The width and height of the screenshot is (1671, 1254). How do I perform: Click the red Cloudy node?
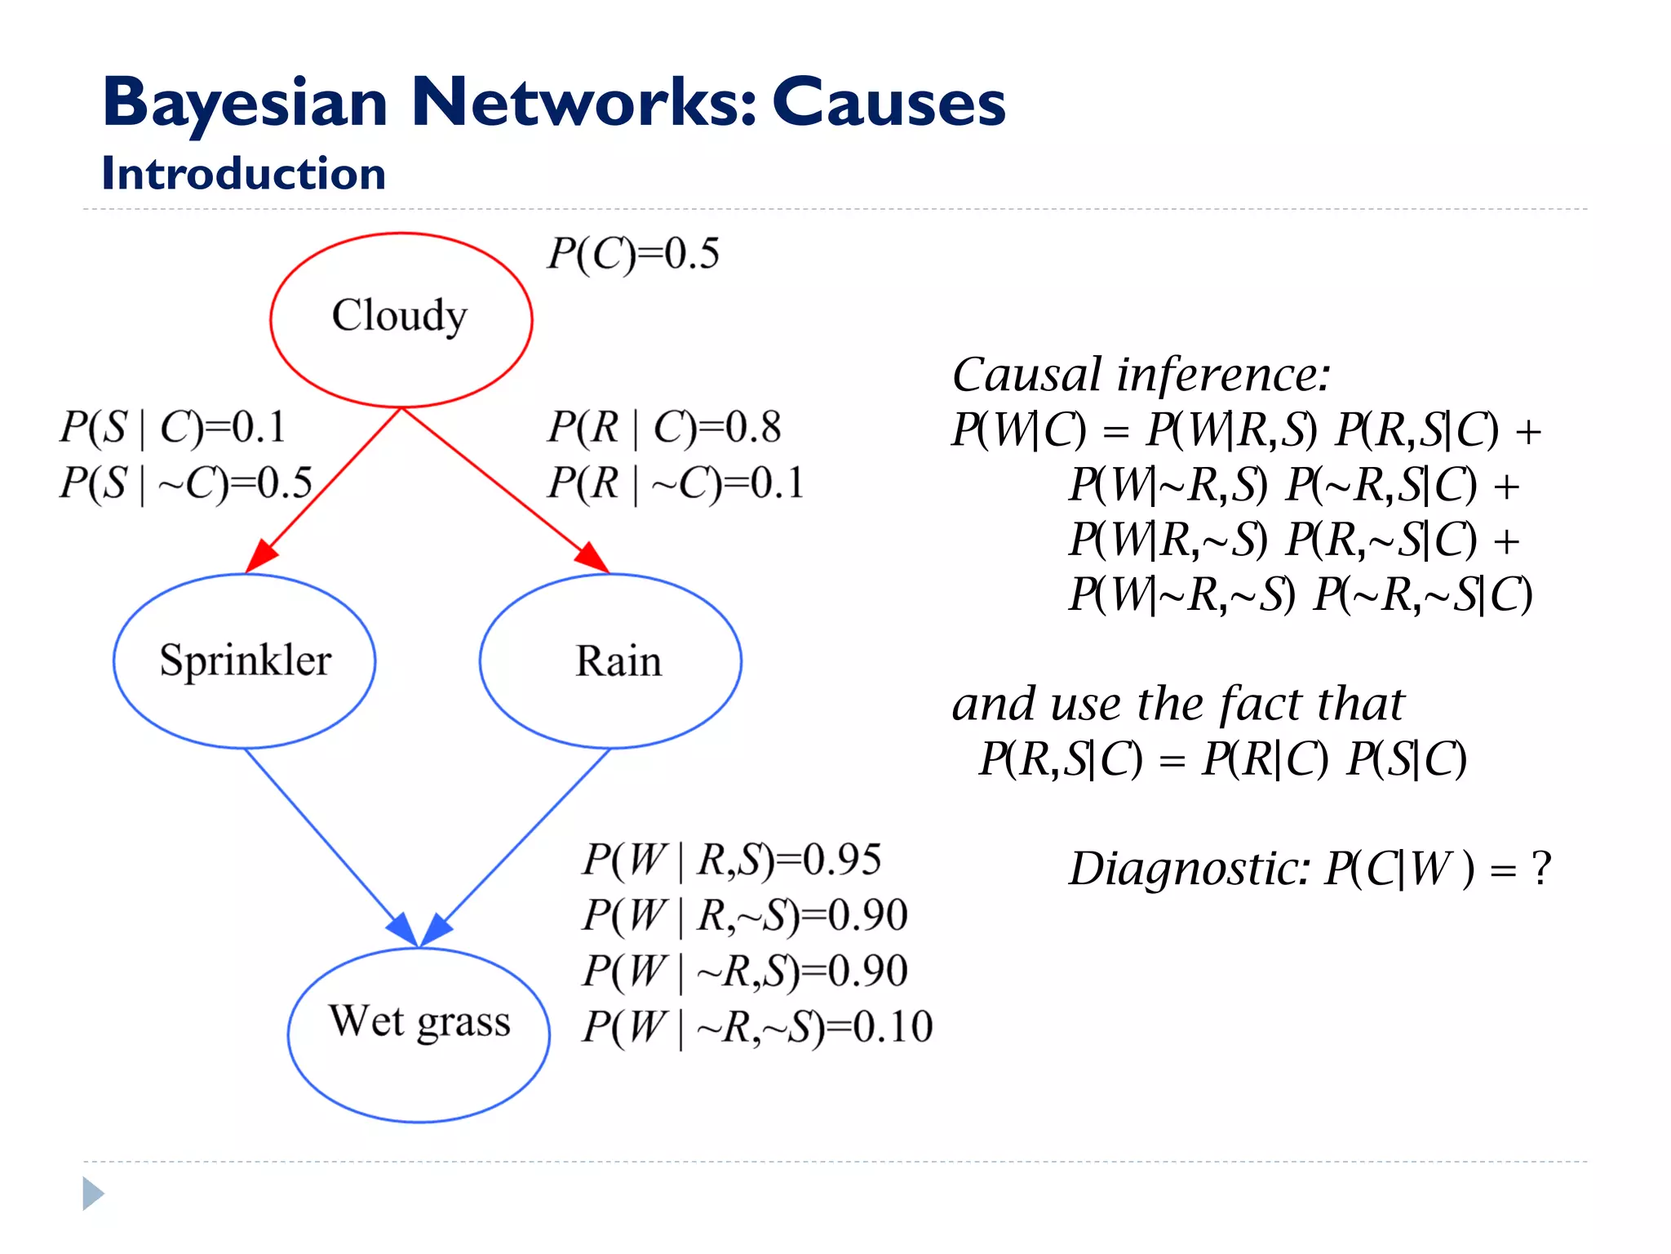pos(401,319)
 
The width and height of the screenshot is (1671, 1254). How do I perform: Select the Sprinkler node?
pos(245,660)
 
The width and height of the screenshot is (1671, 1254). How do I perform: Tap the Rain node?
pos(610,660)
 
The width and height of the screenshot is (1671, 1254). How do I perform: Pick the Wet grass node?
pos(419,1034)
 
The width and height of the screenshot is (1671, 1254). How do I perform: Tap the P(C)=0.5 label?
pos(633,254)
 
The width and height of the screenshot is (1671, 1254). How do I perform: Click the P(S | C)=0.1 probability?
pos(172,427)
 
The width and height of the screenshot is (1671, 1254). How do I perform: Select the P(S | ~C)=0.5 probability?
pos(185,482)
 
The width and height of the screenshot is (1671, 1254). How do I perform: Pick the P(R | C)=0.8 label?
pos(663,427)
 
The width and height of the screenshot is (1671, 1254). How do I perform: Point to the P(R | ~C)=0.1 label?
pos(675,482)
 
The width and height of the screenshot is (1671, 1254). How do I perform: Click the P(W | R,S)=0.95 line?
pos(731,860)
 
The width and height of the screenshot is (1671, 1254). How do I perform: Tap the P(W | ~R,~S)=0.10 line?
pos(756,1026)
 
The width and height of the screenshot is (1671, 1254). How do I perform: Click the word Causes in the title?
pos(889,103)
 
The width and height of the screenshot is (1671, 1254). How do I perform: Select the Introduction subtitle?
pos(243,174)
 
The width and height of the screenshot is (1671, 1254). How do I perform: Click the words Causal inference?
pos(1141,376)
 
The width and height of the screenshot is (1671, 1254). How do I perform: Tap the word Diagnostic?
pos(1188,869)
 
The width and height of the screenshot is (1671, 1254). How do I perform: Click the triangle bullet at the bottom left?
pos(93,1194)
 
